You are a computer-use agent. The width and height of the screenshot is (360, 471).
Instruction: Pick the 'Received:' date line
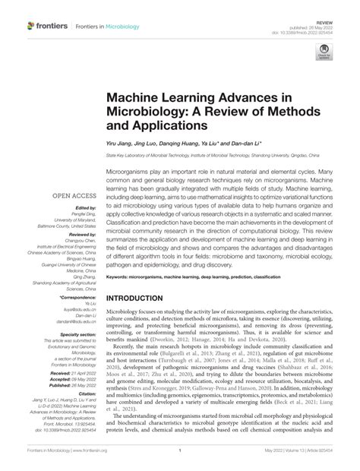click(x=74, y=374)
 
